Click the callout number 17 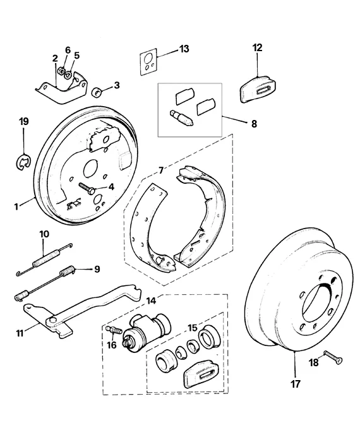tap(296, 383)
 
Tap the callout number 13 tap(184, 49)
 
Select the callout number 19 tap(23, 121)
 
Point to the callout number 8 tap(254, 124)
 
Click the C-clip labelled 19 tap(22, 163)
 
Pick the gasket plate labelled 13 tap(150, 62)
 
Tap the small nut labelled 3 tap(98, 92)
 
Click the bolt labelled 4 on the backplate tap(88, 188)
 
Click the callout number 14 tap(151, 301)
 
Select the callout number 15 tap(192, 326)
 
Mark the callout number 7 tap(161, 170)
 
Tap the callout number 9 tap(97, 269)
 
